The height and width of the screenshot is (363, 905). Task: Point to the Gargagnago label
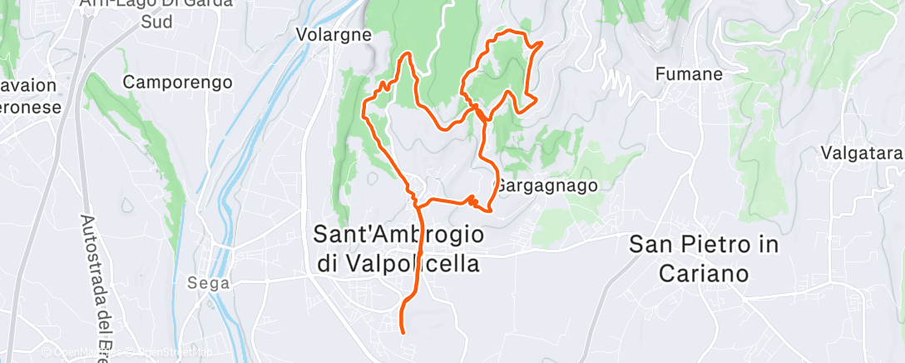[546, 185]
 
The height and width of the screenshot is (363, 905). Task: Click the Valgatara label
[861, 152]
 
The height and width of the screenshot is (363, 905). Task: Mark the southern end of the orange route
[403, 332]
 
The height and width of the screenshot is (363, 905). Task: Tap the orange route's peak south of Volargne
[408, 55]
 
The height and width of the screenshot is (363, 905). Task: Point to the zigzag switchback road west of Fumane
[616, 82]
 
